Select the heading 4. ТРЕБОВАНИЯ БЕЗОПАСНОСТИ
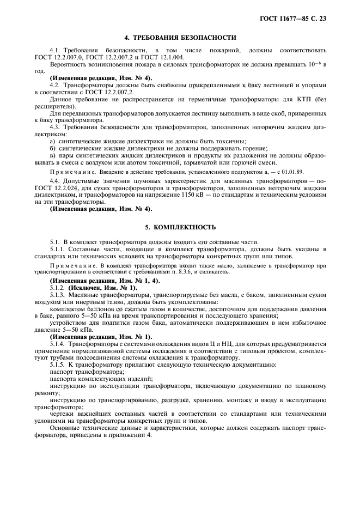pos(180,38)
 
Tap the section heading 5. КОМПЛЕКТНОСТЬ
pos(180,227)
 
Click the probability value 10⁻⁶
pos(314,64)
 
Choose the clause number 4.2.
pos(54,85)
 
